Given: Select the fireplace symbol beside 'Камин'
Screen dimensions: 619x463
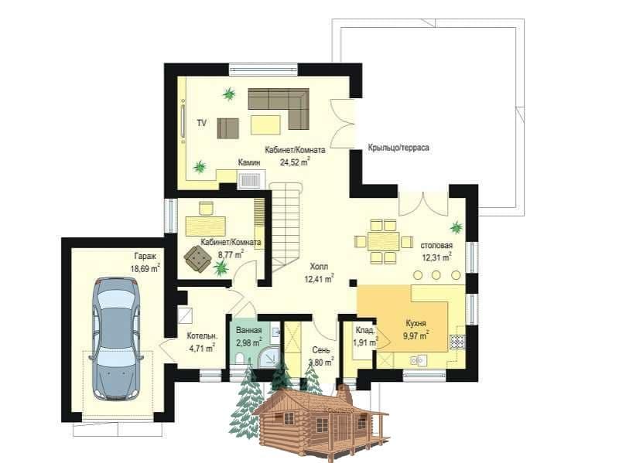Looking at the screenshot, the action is (x=251, y=181).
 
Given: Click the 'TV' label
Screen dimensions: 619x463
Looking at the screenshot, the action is (x=202, y=123).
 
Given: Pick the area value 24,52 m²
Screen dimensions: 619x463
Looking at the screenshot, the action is (x=295, y=162).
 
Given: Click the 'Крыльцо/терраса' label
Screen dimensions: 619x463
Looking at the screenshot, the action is (x=398, y=148).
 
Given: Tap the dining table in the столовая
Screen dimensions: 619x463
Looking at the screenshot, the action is (x=383, y=241).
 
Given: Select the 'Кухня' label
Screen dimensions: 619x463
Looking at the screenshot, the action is (x=416, y=323).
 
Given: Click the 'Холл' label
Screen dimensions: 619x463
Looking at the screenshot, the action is (x=319, y=267).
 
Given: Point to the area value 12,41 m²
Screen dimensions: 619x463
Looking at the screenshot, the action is (x=320, y=280).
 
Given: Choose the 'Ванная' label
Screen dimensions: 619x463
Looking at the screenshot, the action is (x=248, y=331).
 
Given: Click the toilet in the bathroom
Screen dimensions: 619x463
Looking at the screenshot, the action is (x=239, y=358).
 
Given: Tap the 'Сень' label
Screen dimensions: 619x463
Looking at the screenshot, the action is (x=321, y=350).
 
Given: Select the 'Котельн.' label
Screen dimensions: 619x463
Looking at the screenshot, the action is (x=202, y=336).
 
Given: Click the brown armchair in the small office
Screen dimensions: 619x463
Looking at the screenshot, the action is (x=197, y=258).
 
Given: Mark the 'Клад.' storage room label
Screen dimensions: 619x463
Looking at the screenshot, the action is (x=365, y=331).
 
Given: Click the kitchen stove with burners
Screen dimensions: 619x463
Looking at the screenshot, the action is (x=457, y=342).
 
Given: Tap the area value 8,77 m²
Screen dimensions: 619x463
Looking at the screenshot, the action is (x=231, y=255).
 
